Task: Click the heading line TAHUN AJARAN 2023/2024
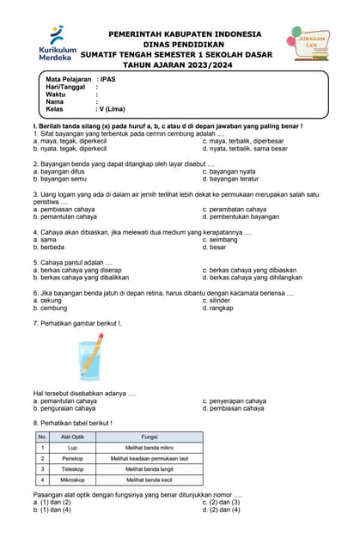click(x=184, y=64)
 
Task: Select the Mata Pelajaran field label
click(x=68, y=79)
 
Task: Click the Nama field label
click(x=56, y=102)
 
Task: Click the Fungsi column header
click(x=149, y=437)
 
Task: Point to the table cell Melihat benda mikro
click(x=149, y=448)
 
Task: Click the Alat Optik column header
click(x=73, y=437)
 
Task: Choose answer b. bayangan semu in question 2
click(x=59, y=179)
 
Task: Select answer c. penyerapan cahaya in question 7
click(x=234, y=400)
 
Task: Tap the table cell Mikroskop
click(x=73, y=480)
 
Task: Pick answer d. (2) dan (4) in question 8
click(x=221, y=510)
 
